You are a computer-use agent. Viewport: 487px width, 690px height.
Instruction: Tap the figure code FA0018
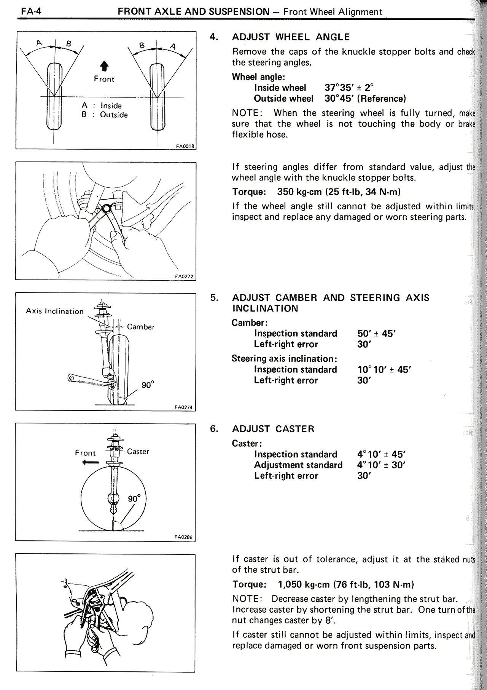185,146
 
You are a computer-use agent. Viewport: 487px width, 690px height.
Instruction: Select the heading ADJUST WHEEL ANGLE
291,37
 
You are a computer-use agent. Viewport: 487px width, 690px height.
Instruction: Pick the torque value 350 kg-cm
299,192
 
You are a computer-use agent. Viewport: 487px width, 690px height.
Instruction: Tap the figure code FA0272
185,277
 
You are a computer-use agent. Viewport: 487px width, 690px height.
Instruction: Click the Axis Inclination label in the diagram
54,311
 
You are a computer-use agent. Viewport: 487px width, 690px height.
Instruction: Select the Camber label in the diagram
141,327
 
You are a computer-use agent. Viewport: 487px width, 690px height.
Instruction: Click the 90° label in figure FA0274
148,385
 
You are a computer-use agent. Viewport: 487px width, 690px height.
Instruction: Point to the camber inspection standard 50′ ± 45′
377,334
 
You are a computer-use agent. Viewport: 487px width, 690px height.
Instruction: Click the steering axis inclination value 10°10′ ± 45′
384,369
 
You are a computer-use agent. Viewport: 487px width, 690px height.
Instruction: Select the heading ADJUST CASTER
273,429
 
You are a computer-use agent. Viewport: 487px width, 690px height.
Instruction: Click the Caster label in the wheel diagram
138,452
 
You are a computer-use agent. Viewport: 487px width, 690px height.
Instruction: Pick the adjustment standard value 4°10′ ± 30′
382,465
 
